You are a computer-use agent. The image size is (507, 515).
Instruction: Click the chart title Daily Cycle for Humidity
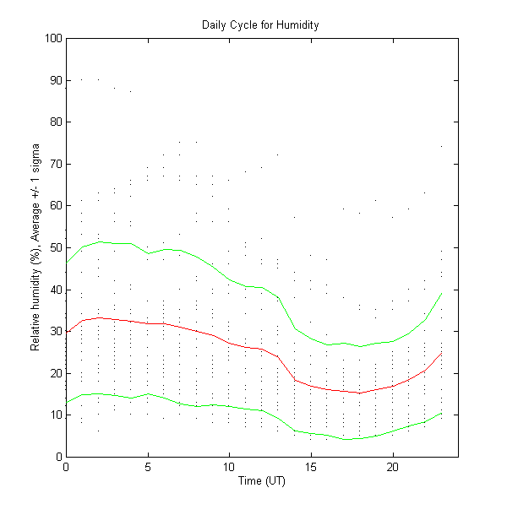(260, 24)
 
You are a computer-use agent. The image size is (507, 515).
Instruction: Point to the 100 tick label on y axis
(52, 38)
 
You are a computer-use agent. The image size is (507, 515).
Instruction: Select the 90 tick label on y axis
(55, 80)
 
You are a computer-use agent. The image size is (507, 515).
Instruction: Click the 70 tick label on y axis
(55, 164)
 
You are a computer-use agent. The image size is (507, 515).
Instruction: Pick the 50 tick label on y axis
(55, 247)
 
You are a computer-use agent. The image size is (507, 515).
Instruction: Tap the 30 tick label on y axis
(55, 331)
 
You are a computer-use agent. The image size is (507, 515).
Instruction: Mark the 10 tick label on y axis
(55, 415)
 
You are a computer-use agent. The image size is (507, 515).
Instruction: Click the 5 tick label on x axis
(148, 467)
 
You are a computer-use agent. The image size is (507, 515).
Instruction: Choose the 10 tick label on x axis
(229, 467)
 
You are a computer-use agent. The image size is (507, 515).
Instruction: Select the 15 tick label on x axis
(311, 467)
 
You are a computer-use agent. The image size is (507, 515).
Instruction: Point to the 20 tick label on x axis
(393, 467)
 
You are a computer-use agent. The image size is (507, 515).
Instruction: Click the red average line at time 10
(229, 342)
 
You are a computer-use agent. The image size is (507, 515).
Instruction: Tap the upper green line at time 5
(148, 253)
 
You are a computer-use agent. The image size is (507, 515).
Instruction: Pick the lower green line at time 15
(311, 433)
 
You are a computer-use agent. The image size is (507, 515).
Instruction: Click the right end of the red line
(442, 353)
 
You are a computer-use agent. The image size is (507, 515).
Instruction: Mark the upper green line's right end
(442, 293)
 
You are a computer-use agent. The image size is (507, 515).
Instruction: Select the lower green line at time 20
(393, 431)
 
